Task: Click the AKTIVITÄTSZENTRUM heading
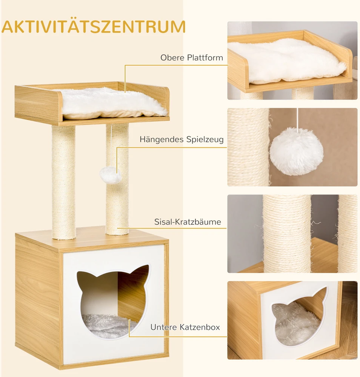click(x=94, y=26)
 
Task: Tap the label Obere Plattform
click(x=192, y=58)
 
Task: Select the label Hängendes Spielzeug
click(x=182, y=139)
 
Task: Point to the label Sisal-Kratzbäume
click(x=188, y=222)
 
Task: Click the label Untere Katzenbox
click(x=185, y=327)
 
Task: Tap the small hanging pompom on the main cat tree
click(x=110, y=175)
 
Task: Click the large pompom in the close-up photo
click(x=297, y=152)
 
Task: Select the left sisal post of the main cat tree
click(x=63, y=182)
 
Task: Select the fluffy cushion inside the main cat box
click(x=108, y=326)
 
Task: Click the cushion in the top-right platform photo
click(x=286, y=61)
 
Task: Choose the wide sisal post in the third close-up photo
click(x=287, y=234)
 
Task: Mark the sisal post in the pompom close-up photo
click(x=248, y=147)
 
